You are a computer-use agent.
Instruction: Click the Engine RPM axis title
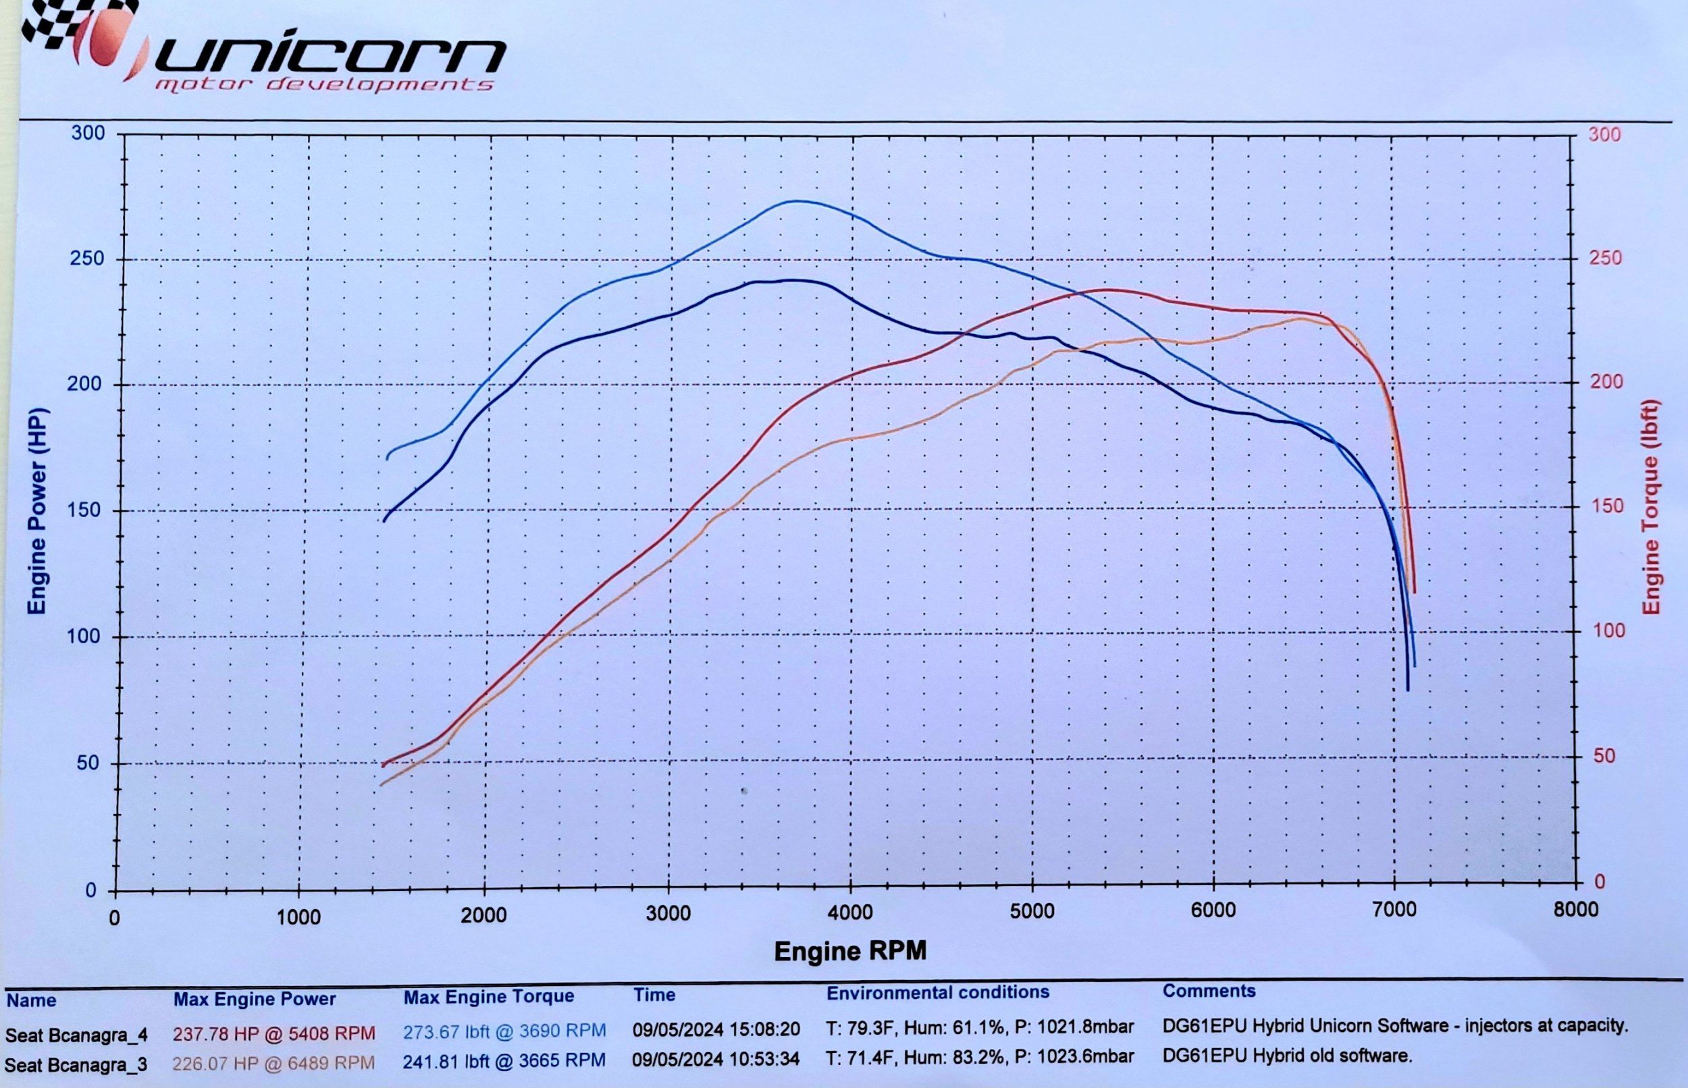tap(849, 951)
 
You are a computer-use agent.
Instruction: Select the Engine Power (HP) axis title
tap(36, 511)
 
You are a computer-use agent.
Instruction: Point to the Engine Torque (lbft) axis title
tap(1651, 508)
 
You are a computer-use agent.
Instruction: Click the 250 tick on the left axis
tap(88, 259)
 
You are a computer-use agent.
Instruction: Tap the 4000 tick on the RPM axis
tap(850, 912)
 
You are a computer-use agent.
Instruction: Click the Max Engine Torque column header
tap(488, 997)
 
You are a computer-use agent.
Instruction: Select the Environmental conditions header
tap(938, 993)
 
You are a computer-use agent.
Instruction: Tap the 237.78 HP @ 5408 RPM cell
tap(274, 1033)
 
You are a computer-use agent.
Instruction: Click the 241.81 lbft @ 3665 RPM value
tap(504, 1060)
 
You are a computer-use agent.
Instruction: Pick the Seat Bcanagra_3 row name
tap(76, 1064)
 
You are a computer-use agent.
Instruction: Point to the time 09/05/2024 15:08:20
tap(716, 1030)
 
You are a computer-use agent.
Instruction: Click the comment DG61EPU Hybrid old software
tap(1287, 1056)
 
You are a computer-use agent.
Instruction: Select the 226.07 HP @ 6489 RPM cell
tap(274, 1062)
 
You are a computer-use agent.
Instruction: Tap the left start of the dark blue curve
tap(384, 520)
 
